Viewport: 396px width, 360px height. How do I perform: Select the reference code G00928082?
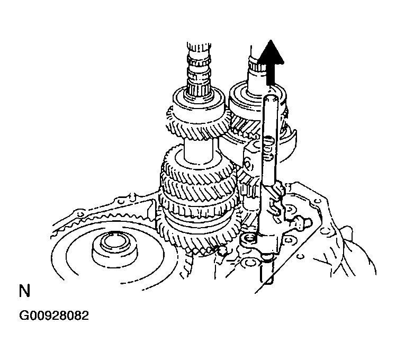pos(54,316)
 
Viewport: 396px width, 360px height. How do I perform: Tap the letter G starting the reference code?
pos(24,316)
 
